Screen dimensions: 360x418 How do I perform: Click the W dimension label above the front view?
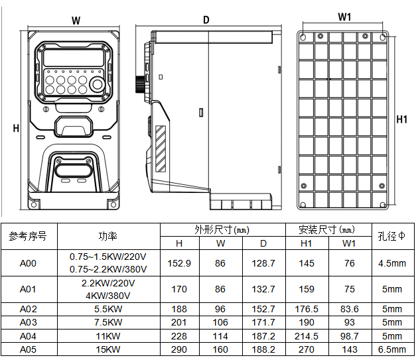[76, 21]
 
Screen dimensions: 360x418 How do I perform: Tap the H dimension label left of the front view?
[16, 128]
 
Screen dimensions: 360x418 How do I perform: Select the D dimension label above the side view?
[206, 20]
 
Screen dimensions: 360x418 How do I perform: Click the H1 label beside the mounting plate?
[401, 119]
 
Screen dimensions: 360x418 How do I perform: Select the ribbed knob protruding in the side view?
[140, 84]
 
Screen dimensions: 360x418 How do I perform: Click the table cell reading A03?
[28, 323]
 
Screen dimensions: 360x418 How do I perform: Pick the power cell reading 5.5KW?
[108, 310]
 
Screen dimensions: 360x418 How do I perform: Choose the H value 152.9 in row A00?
[178, 263]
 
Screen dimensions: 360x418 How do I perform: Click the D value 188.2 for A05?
[263, 349]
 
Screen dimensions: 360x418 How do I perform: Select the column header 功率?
[108, 236]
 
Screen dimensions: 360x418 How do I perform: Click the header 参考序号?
[28, 236]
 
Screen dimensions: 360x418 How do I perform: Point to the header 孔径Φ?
[391, 236]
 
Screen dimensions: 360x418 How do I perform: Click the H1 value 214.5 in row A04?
[306, 336]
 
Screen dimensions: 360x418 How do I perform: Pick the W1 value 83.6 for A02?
[349, 310]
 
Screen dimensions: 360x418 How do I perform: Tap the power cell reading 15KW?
[108, 349]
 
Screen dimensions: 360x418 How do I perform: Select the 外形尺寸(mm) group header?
[221, 230]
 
